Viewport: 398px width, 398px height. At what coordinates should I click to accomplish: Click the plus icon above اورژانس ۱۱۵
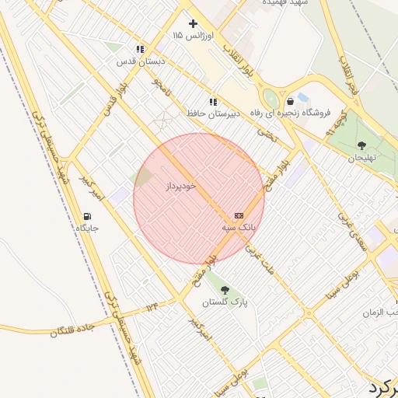click(x=193, y=23)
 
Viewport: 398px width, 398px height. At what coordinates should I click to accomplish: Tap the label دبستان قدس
click(x=136, y=61)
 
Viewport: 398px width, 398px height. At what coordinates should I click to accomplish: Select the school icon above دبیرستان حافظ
click(x=212, y=102)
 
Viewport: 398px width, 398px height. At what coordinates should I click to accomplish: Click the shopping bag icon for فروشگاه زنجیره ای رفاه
click(x=290, y=101)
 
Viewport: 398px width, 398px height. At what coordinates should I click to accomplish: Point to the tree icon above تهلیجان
click(x=361, y=145)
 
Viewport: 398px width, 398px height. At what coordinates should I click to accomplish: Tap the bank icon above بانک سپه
click(x=239, y=215)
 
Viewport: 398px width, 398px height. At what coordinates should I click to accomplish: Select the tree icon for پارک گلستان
click(x=225, y=290)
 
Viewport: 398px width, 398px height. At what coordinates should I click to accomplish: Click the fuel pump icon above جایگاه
click(x=86, y=216)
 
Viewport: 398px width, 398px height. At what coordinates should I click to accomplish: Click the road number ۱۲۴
click(x=152, y=308)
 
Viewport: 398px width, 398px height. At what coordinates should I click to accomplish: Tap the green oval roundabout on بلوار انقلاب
click(x=271, y=99)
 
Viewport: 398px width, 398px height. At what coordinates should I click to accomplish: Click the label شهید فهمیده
click(x=285, y=3)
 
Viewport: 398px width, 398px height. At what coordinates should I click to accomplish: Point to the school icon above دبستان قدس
click(x=139, y=49)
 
